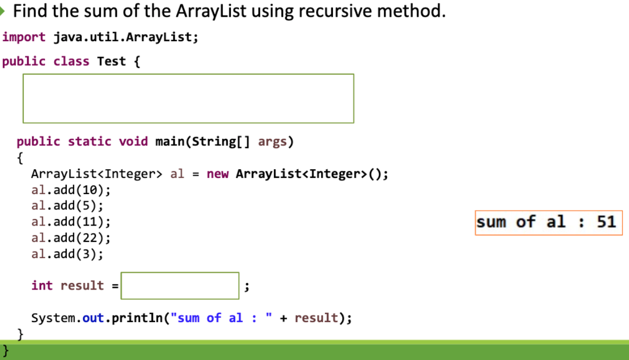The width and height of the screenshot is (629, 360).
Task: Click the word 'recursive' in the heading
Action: click(335, 11)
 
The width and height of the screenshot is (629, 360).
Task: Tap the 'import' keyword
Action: click(24, 37)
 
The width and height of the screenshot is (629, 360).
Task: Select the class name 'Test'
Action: click(111, 61)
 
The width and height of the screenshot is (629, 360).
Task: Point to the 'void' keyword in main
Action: click(133, 142)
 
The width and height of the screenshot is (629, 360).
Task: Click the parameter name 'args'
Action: click(272, 142)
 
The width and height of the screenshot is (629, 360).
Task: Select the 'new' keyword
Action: click(217, 174)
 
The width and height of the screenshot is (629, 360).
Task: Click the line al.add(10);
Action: click(70, 190)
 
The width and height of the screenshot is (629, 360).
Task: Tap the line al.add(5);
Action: click(67, 205)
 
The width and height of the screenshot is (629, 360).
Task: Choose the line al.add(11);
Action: click(70, 222)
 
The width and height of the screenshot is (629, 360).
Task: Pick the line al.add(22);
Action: click(70, 237)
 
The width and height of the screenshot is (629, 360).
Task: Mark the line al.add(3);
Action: click(67, 254)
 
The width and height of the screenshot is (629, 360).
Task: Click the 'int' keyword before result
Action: click(42, 285)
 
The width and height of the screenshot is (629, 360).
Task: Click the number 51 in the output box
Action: click(606, 222)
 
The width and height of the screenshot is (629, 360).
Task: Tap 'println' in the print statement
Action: click(137, 318)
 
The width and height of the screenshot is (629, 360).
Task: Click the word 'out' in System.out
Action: click(93, 318)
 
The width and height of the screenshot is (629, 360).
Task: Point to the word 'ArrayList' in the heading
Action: click(211, 11)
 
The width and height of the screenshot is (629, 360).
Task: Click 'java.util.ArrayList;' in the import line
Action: click(126, 37)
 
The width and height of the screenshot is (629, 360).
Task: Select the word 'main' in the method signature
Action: click(170, 142)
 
